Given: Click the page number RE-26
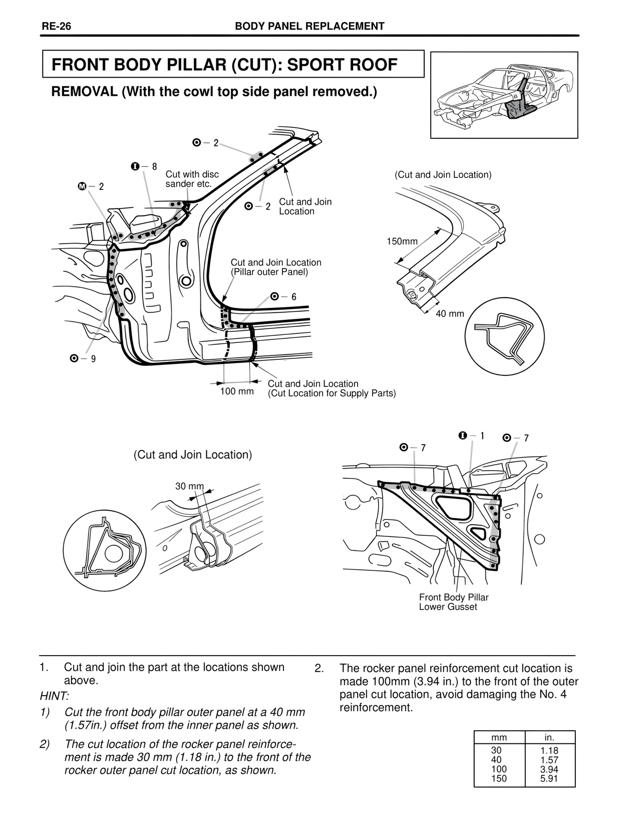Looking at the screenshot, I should pos(56,27).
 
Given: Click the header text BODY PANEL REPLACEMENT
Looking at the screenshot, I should pos(309,27).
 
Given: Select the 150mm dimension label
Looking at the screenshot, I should pos(402,242).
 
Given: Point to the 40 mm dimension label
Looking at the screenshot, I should pos(449,314).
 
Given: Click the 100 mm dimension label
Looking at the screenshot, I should pos(237,391).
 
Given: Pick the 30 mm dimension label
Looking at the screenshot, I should pos(189,486).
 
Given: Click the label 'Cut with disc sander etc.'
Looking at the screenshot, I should pos(192,179).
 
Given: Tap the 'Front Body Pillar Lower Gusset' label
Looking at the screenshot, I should pos(453,602).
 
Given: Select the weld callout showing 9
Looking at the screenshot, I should pos(83,358).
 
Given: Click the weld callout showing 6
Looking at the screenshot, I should pos(283,297).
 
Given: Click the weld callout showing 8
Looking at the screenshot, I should pos(144,166).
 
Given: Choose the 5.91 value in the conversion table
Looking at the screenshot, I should pos(549,778).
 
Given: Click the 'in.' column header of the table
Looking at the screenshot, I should pos(549,737).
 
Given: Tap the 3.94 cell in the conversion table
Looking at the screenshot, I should pos(549,769).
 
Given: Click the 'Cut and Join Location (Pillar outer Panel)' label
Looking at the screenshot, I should pos(275,267).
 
